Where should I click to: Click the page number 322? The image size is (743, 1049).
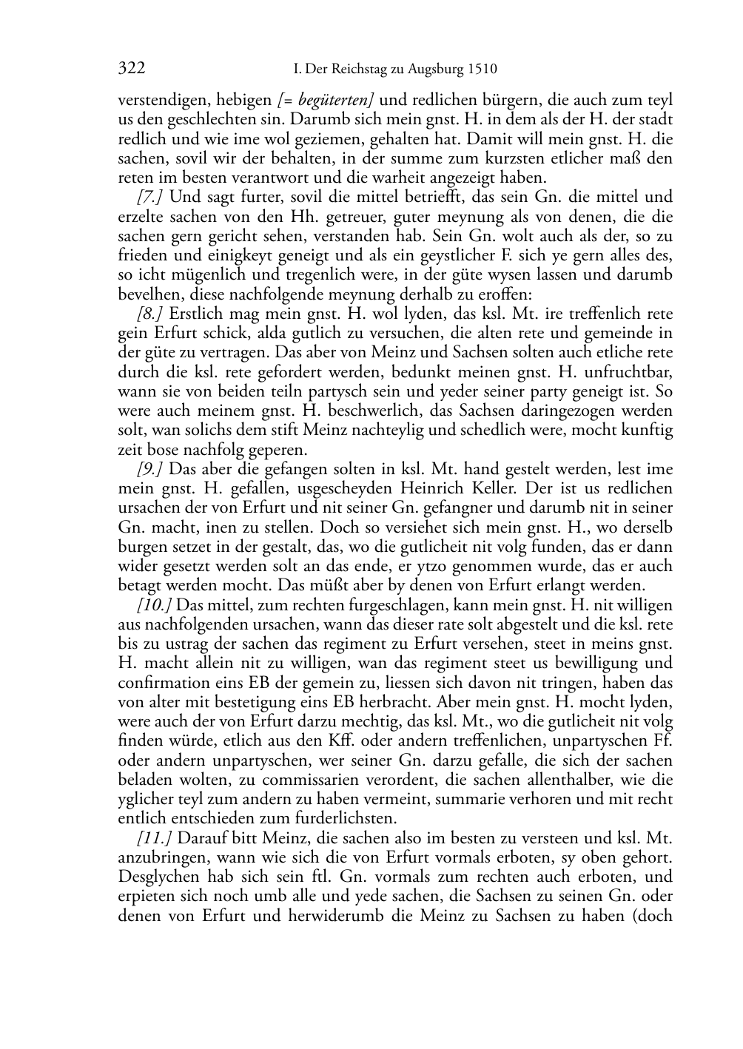131,69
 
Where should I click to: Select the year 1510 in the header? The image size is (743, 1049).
482,70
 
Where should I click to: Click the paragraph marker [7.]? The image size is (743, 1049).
150,197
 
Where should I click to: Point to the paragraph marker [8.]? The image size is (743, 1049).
150,313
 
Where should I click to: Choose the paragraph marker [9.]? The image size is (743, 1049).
150,469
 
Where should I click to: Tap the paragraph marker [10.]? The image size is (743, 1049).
154,605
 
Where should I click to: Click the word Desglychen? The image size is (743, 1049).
158,877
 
